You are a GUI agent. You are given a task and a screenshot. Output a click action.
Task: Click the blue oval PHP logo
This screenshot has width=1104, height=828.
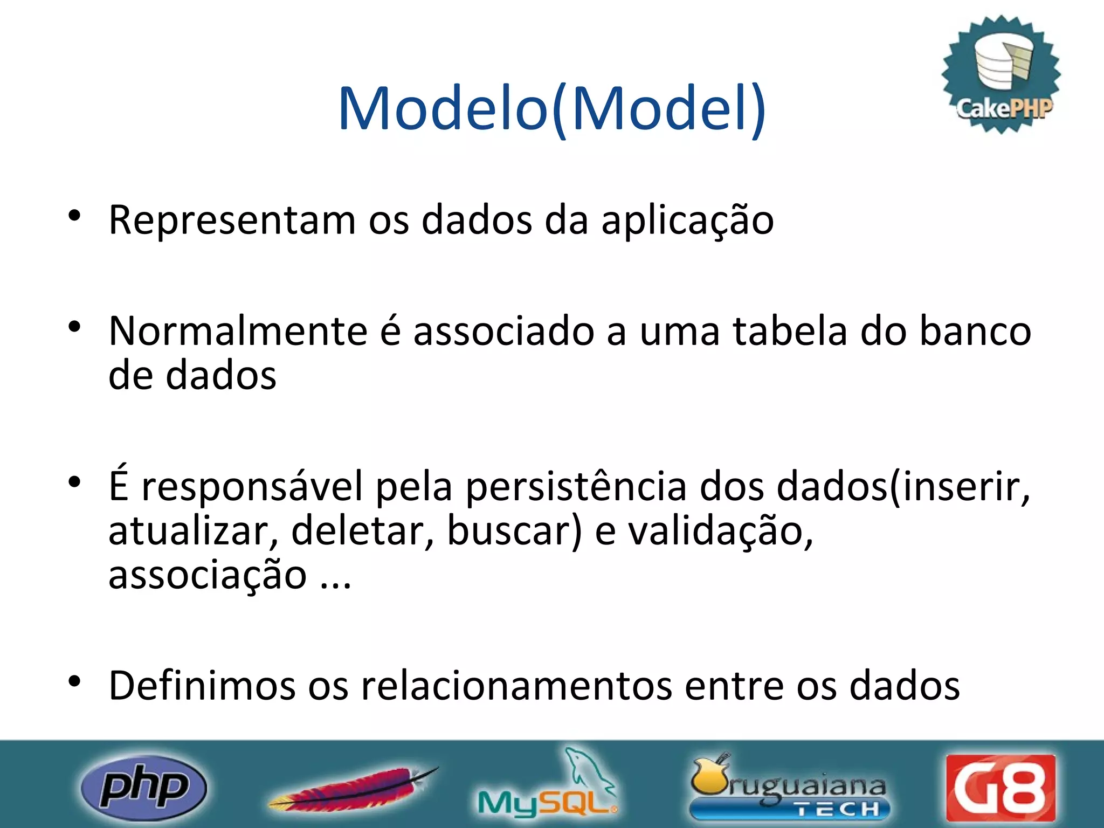[143, 788]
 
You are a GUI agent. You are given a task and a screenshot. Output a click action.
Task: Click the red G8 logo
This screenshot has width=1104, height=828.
[1000, 788]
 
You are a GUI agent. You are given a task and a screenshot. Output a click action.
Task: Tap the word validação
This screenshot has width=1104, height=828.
[721, 531]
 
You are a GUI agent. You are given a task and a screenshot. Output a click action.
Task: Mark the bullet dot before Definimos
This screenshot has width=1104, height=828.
[74, 681]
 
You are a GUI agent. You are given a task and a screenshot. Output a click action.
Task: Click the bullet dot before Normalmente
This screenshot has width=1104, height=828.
[74, 327]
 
